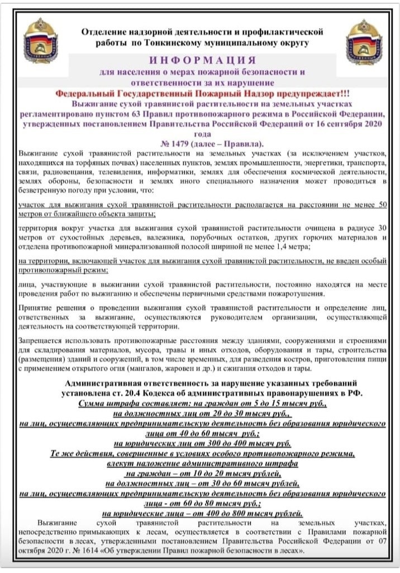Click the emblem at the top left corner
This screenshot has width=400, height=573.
tap(40, 40)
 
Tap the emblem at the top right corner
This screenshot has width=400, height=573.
tap(364, 41)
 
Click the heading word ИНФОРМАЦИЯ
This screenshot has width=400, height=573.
tap(202, 60)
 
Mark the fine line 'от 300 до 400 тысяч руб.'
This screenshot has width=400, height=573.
tap(202, 443)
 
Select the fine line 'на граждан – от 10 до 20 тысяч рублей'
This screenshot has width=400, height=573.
tap(202, 473)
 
